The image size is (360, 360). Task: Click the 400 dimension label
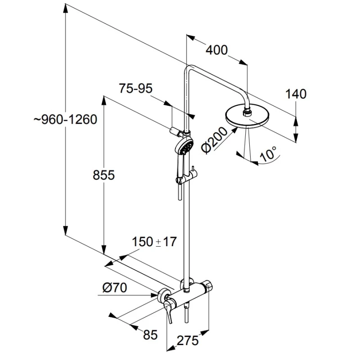click(x=216, y=50)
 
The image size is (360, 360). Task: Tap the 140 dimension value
click(x=296, y=94)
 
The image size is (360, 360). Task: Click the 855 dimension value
click(x=103, y=175)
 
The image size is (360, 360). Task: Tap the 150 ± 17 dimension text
click(x=153, y=242)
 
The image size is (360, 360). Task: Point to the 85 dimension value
click(x=150, y=334)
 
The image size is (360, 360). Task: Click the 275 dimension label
click(x=188, y=341)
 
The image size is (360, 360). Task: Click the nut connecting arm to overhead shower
click(x=247, y=109)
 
